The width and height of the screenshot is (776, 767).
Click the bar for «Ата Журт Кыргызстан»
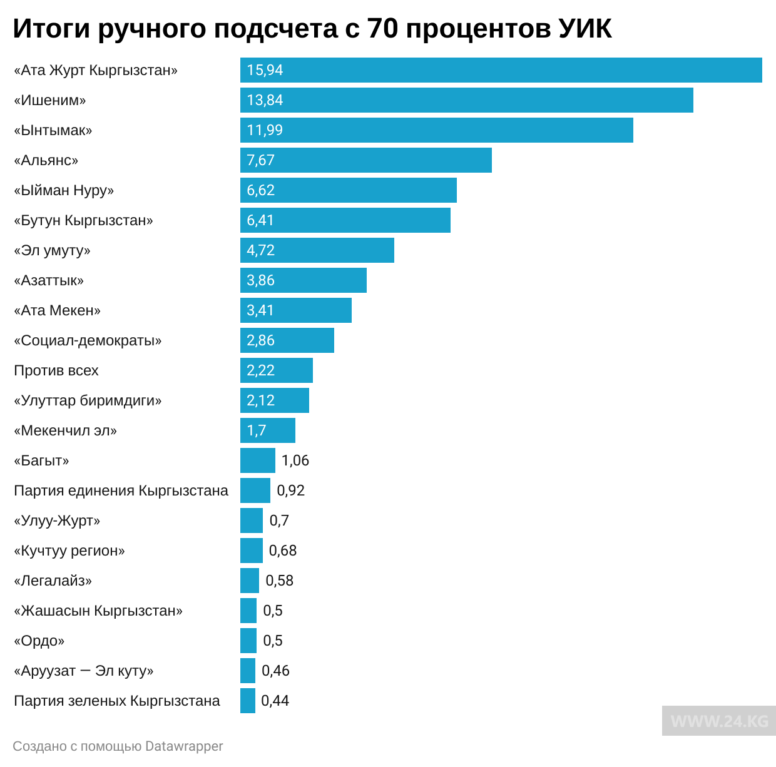tap(501, 70)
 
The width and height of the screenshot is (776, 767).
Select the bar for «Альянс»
tap(366, 160)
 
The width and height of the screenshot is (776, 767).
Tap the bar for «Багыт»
tap(257, 460)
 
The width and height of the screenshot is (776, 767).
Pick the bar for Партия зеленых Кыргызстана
tap(248, 701)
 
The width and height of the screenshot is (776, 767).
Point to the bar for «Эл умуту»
tap(317, 250)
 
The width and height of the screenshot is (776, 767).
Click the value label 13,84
tap(265, 100)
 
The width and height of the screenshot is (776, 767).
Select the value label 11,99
tap(265, 130)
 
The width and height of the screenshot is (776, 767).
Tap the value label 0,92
tap(290, 490)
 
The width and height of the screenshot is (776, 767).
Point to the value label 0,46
tap(275, 671)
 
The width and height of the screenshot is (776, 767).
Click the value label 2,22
tap(260, 370)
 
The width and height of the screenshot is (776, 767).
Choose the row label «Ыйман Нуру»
tap(64, 190)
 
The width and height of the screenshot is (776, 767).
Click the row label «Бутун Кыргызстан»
tap(83, 220)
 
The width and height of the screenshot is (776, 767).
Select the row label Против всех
tap(56, 370)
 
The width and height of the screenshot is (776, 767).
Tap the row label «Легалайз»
tap(53, 581)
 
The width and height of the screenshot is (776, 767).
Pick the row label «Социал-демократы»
tap(88, 340)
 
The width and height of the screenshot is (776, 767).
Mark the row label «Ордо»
tap(39, 641)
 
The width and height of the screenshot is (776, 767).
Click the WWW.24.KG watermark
tap(719, 721)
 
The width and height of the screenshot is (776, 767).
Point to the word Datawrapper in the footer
tap(184, 746)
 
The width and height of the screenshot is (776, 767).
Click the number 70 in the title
tap(383, 28)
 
